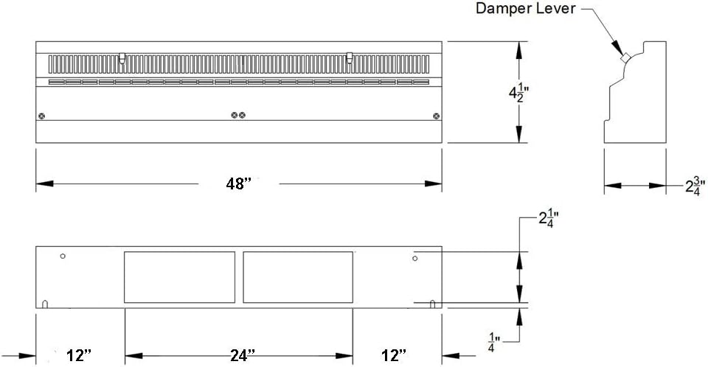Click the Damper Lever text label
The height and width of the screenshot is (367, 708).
(526, 8)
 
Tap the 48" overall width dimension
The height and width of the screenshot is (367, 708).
(238, 183)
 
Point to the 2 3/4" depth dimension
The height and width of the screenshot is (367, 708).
(695, 185)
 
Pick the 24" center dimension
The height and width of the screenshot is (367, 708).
(243, 356)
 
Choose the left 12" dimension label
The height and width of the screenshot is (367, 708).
(79, 356)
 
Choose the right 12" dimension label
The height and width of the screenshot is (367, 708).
(393, 356)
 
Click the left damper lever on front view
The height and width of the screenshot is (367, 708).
(122, 57)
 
